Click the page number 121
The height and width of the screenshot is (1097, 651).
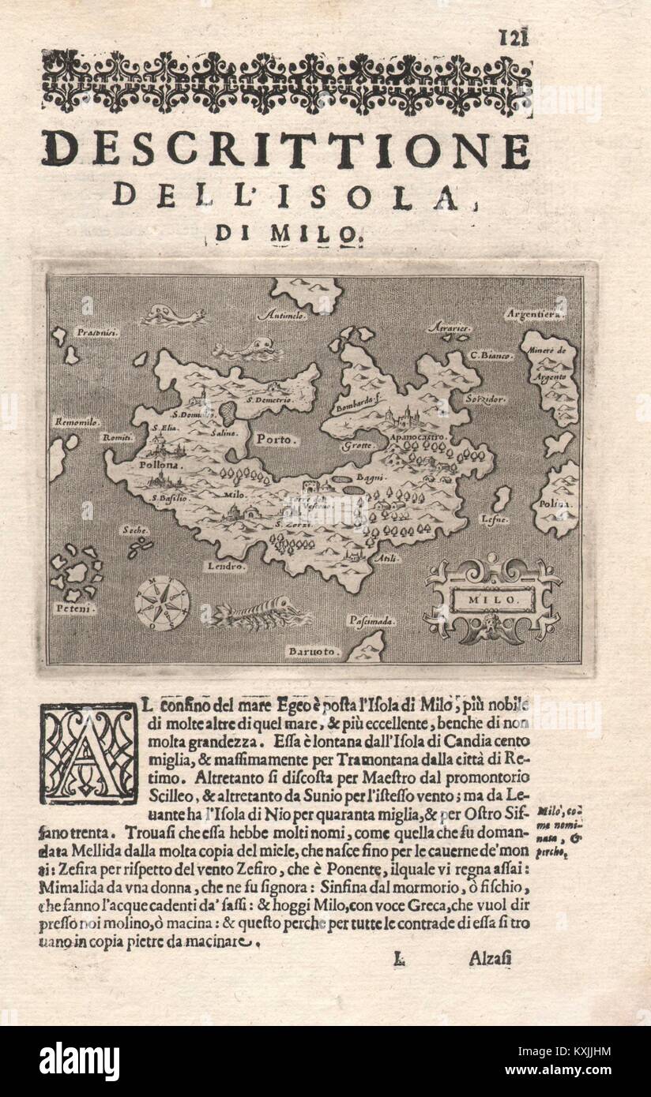[x=514, y=37]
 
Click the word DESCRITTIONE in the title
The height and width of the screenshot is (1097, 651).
[x=286, y=150]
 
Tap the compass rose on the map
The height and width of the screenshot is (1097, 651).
[x=161, y=603]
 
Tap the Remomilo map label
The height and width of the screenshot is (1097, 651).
[x=76, y=422]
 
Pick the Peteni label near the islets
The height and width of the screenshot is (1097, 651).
[x=71, y=608]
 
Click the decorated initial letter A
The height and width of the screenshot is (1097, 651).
[x=88, y=753]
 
